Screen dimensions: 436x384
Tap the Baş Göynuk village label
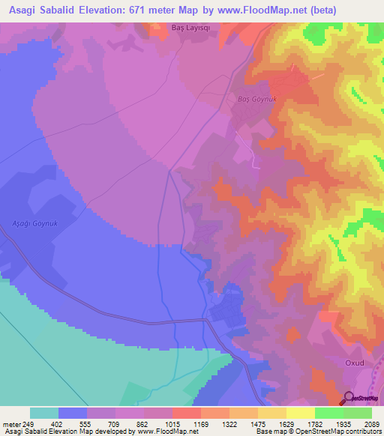click(249, 98)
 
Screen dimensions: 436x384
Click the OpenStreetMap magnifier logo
click(349, 397)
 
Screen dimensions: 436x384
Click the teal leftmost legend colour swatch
click(44, 414)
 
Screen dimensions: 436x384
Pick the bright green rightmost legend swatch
click(358, 414)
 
